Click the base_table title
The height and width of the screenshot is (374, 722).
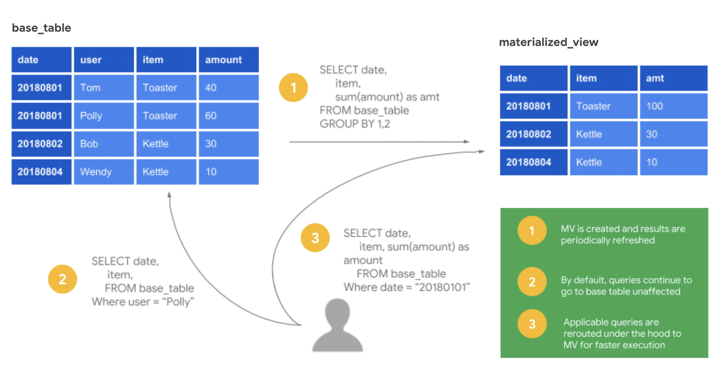(41, 28)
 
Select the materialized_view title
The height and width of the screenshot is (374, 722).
(548, 43)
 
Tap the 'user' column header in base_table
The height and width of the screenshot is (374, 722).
(104, 60)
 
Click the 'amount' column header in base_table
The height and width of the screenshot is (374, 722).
(229, 60)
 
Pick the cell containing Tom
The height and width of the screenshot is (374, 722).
(104, 87)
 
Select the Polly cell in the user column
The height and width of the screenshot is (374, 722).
(104, 116)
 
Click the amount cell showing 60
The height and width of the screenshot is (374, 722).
(229, 116)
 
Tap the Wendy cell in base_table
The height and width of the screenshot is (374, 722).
(104, 172)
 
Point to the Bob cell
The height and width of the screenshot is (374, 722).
(104, 144)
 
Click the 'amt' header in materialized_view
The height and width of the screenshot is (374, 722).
(673, 78)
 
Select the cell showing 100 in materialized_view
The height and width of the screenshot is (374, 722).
(673, 106)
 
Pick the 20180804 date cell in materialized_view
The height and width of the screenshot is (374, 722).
(533, 162)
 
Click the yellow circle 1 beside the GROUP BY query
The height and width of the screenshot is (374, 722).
(293, 87)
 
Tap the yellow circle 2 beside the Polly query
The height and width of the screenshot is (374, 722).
(62, 279)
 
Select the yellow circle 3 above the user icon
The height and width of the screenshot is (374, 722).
(315, 238)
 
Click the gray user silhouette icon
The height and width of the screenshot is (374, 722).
(338, 325)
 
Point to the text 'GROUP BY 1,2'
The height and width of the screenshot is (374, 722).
(355, 124)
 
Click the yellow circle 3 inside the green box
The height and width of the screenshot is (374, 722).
(532, 324)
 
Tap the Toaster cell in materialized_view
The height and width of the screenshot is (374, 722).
(604, 106)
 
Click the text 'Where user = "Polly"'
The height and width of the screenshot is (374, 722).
(143, 302)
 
